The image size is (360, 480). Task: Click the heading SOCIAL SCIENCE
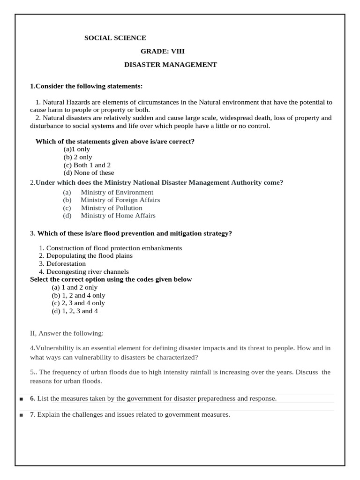tap(115, 38)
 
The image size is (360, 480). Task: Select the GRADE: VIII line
tap(165, 51)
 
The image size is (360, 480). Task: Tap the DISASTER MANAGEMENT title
tap(170, 65)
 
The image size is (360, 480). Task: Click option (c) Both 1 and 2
tap(87, 165)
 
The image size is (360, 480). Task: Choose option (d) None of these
tap(89, 173)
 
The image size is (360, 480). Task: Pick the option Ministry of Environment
tap(117, 192)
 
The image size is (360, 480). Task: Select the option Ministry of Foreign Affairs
tap(120, 200)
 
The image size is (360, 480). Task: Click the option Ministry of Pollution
tap(112, 208)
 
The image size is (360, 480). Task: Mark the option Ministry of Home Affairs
tap(118, 216)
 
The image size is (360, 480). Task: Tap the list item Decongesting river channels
tap(87, 272)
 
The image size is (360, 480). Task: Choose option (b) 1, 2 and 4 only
tap(78, 295)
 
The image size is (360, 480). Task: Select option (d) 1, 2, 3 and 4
tap(75, 311)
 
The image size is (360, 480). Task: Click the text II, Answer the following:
tap(67, 333)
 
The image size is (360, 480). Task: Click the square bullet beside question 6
tap(22, 399)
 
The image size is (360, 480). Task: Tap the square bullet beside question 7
tap(22, 415)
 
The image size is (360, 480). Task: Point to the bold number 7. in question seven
tap(33, 414)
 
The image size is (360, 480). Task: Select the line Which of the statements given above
tap(115, 141)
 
